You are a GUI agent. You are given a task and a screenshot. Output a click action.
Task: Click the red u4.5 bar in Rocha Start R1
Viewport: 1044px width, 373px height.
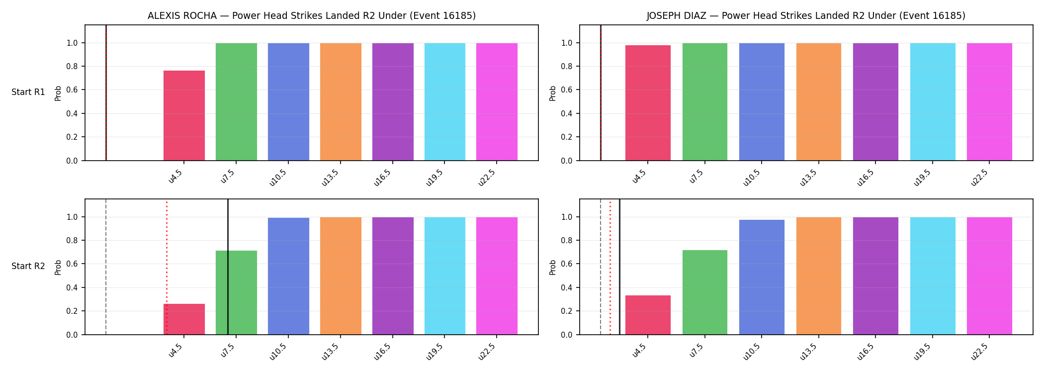tap(184, 115)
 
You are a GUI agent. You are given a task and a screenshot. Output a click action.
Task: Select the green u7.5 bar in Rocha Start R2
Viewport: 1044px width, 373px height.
tap(236, 292)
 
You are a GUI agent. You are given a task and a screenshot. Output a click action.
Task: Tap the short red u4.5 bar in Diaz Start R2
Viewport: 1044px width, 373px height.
tap(648, 315)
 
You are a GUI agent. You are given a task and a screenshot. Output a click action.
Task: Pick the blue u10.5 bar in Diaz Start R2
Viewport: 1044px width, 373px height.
tap(762, 277)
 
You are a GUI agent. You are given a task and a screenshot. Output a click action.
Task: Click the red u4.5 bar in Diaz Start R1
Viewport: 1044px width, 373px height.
tap(648, 103)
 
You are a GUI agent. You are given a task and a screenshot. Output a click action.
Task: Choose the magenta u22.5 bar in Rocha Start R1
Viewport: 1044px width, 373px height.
tap(497, 102)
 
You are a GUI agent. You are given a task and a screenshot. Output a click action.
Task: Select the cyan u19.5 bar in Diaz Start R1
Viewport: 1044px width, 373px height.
tap(933, 102)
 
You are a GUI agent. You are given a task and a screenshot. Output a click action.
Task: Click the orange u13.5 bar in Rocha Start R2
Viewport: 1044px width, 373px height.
tap(341, 276)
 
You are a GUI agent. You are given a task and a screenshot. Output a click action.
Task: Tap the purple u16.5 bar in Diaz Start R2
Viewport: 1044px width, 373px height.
tap(875, 276)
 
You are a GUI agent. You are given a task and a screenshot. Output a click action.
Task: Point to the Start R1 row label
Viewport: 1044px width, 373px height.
tap(28, 93)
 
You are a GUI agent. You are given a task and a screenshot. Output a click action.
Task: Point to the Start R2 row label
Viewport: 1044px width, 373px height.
tap(28, 267)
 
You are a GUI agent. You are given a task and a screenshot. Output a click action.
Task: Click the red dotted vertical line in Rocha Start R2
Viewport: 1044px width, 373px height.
tap(167, 268)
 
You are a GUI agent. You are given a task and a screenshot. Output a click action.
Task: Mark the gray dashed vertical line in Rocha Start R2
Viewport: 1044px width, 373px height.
tap(106, 267)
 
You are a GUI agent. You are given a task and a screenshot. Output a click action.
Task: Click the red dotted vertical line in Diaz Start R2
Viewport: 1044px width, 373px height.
tap(610, 268)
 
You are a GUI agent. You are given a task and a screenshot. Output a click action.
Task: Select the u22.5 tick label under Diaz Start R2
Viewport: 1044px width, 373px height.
tap(979, 352)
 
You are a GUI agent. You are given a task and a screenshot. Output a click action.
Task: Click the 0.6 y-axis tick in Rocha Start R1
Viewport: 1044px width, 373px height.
tap(72, 90)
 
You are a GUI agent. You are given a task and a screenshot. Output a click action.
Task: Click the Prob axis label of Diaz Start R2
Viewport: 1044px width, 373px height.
tap(553, 267)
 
